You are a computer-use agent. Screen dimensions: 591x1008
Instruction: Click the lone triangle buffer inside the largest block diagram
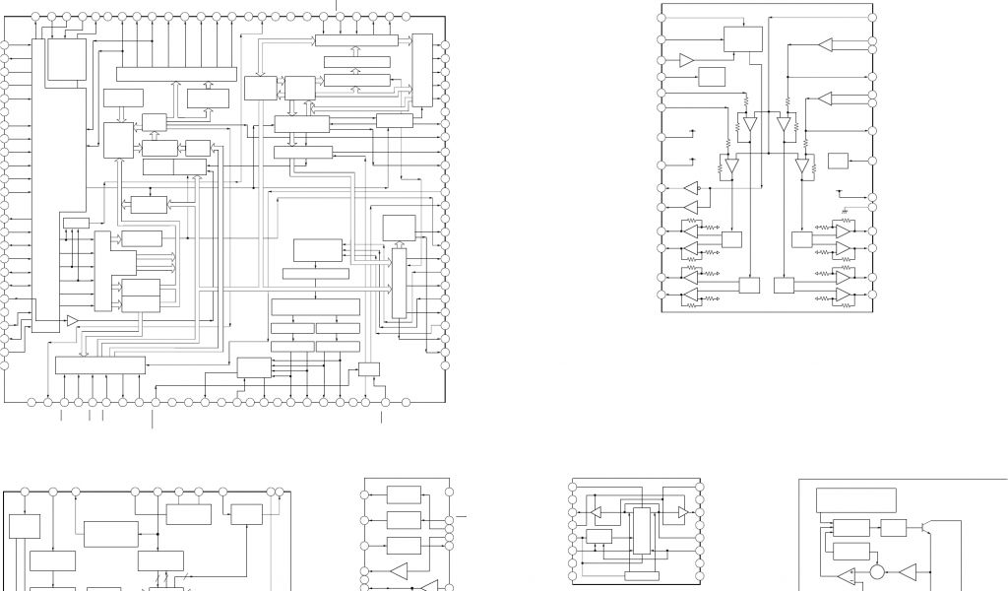[x=72, y=320]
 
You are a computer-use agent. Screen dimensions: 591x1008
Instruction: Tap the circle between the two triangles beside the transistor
[x=877, y=571]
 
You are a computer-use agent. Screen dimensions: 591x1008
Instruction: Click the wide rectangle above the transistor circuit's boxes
[x=856, y=499]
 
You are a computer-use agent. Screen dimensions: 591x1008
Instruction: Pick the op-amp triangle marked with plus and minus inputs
[x=846, y=576]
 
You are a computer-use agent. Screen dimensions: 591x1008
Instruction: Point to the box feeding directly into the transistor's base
[x=893, y=527]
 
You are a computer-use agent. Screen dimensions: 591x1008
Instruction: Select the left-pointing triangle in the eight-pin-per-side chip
[x=596, y=511]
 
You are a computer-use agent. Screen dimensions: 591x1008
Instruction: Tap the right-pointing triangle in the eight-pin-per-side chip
[x=681, y=514]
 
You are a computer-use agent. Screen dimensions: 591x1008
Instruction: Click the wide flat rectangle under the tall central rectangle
[x=641, y=575]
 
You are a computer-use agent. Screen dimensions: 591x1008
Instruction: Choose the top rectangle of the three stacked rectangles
[x=404, y=494]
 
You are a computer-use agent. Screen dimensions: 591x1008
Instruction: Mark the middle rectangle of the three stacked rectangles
[x=404, y=519]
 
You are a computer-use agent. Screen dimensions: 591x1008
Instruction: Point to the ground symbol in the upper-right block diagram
[x=845, y=209]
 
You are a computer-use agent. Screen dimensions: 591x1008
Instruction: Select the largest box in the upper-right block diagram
[x=743, y=39]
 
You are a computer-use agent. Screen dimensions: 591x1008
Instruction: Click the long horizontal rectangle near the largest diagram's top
[x=176, y=74]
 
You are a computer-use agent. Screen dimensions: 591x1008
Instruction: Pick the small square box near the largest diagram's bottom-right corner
[x=369, y=368]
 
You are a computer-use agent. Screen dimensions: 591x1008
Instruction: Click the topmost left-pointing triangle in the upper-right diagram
[x=825, y=44]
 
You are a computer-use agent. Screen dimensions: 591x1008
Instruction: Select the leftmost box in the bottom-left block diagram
[x=24, y=526]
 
